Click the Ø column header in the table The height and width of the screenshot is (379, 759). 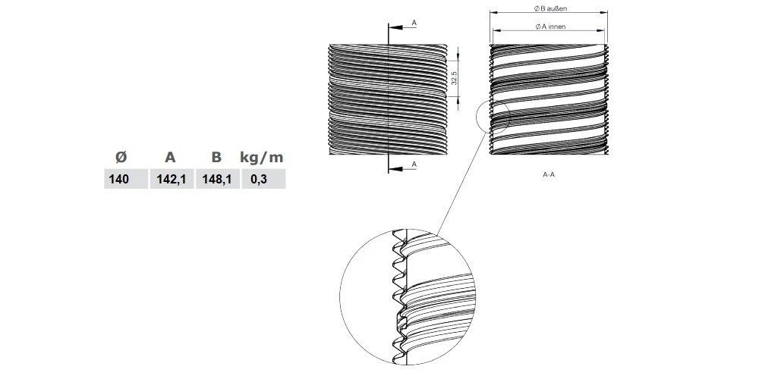coord(121,157)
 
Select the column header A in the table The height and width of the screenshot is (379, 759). coord(170,157)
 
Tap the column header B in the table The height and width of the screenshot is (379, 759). coord(216,157)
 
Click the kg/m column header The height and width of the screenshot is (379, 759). coord(261,158)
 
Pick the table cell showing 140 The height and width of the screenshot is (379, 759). coord(119,180)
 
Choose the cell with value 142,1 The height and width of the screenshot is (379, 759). coord(172,180)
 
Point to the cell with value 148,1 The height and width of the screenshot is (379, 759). coord(217,180)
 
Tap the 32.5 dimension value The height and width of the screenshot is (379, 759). coord(454,78)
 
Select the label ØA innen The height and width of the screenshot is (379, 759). coord(550,27)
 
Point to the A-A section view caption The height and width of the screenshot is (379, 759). coord(549,174)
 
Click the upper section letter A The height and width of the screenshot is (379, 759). coord(414,22)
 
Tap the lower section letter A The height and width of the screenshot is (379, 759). coord(414,164)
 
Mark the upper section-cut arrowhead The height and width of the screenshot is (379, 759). coord(394,27)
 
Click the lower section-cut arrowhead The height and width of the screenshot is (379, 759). coord(394,169)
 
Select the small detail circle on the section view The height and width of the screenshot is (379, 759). coord(493,118)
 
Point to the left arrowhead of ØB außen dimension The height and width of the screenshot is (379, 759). coord(493,13)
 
